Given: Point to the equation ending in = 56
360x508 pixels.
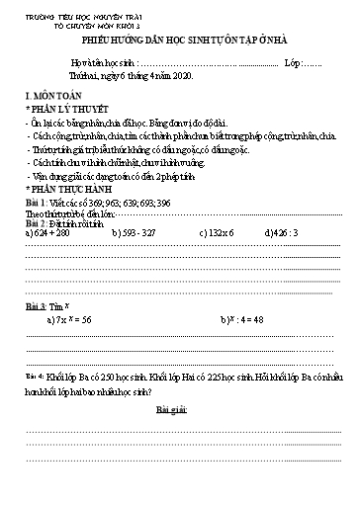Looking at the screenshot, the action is click(75, 321).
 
